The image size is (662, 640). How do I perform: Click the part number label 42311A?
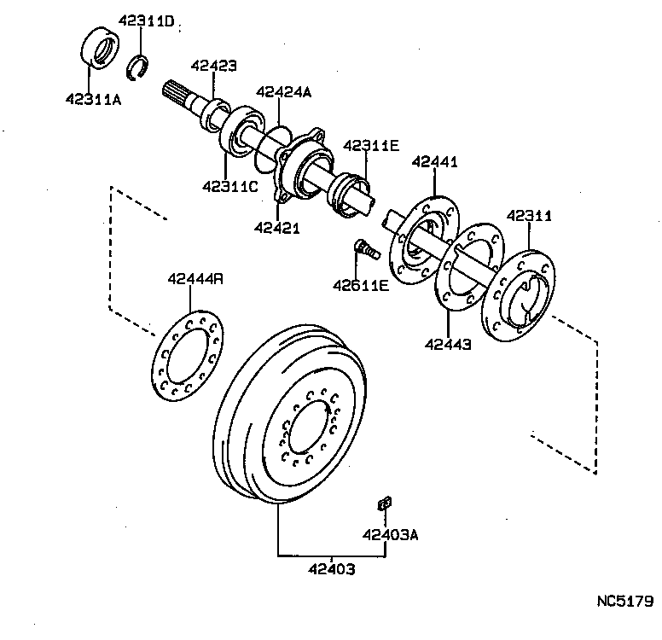click(x=94, y=99)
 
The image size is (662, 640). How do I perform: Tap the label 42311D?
click(x=146, y=21)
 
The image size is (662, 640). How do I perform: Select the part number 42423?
click(x=213, y=65)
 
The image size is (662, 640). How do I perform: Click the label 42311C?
click(x=229, y=185)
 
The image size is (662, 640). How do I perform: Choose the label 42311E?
click(x=371, y=146)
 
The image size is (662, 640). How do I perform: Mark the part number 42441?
click(x=435, y=161)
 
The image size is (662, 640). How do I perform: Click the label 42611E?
click(x=362, y=284)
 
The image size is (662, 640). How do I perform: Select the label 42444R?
click(x=195, y=278)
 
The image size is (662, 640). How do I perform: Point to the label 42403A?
click(x=389, y=535)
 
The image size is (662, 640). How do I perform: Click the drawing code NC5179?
click(x=624, y=600)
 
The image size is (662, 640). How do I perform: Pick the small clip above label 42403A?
click(x=383, y=503)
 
